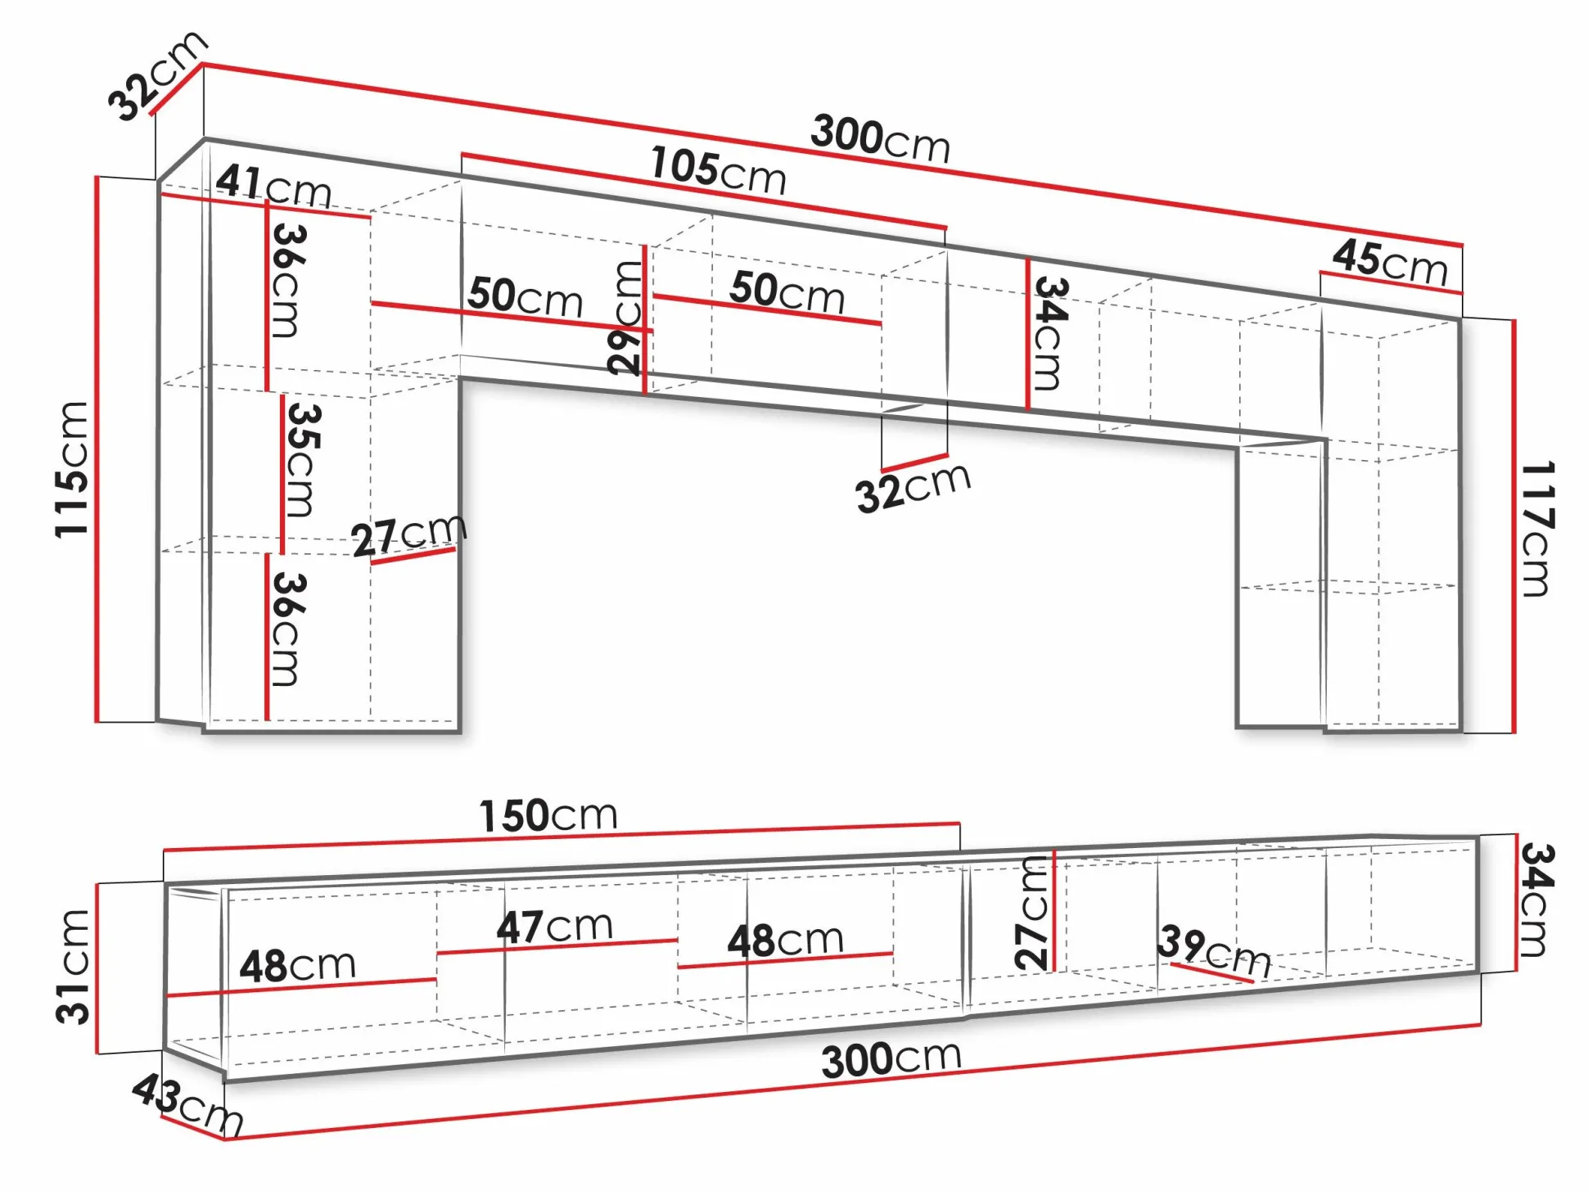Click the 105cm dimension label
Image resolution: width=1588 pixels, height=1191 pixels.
[x=718, y=170]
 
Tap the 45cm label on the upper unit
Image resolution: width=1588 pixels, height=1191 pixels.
[x=1390, y=262]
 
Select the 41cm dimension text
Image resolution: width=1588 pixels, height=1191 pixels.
[x=273, y=187]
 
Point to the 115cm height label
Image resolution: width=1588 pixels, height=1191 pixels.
[x=72, y=470]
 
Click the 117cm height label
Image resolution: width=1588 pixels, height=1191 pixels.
[x=1536, y=529]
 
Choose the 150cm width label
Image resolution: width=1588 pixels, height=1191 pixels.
[x=548, y=815]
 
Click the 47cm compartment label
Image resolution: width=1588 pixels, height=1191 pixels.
[x=554, y=927]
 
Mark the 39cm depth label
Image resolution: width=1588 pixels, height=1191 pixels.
[x=1214, y=951]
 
